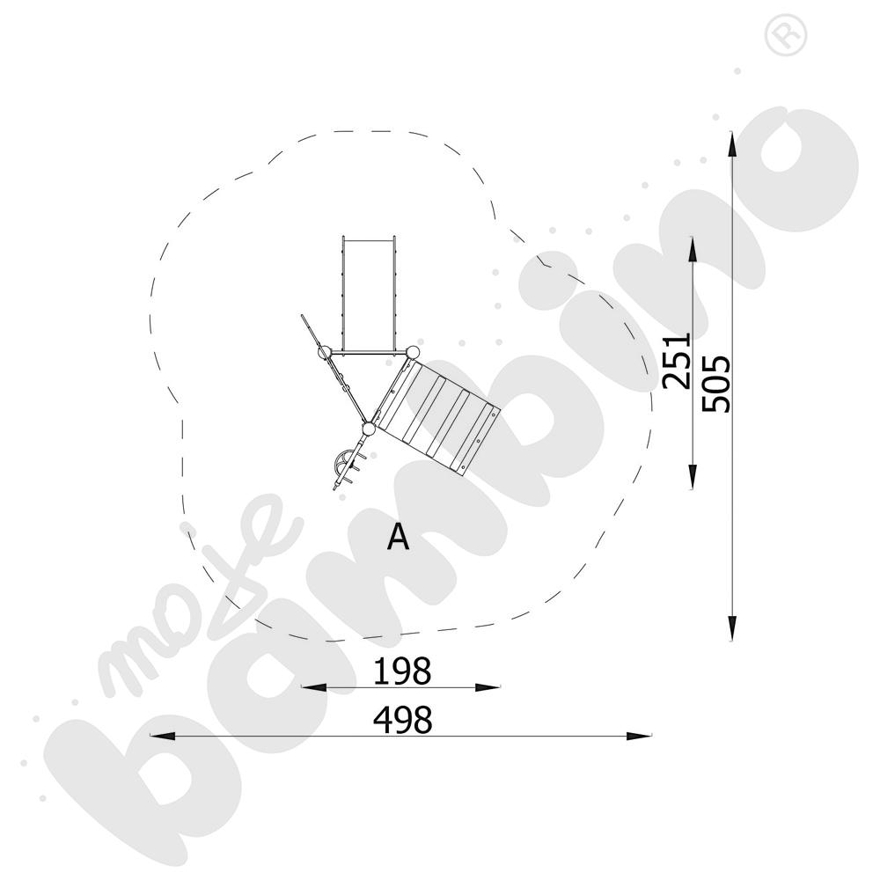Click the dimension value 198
coord(402,671)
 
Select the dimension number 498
coord(403,720)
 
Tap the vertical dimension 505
coord(716,384)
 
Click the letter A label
coord(399,538)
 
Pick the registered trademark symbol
coord(786,36)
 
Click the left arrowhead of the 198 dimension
coord(314,687)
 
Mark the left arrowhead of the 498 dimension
coord(163,736)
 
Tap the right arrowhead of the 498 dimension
coord(639,736)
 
